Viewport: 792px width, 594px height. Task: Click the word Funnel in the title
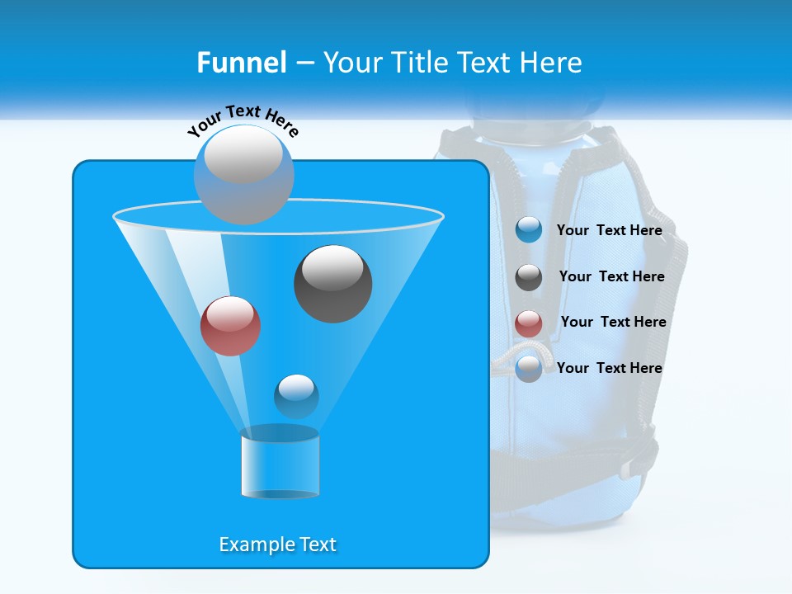241,63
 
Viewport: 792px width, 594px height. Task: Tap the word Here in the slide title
550,63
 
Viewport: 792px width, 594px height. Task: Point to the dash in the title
304,64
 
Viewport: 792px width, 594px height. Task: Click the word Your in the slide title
353,63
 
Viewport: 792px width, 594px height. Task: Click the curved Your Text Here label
243,119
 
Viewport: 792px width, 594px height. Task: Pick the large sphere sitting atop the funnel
243,174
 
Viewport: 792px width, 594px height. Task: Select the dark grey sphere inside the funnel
332,284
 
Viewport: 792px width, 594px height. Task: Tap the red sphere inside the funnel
230,326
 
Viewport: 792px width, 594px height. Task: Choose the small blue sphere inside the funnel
296,396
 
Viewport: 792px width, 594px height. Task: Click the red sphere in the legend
529,323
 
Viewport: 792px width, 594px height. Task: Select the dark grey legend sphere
529,277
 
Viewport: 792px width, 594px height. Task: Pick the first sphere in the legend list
529,230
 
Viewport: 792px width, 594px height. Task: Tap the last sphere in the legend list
529,369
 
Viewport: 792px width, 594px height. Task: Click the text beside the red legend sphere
613,322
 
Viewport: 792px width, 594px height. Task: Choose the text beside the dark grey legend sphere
611,276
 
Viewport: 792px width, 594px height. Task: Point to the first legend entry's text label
609,230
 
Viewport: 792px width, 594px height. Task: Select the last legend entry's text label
609,368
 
